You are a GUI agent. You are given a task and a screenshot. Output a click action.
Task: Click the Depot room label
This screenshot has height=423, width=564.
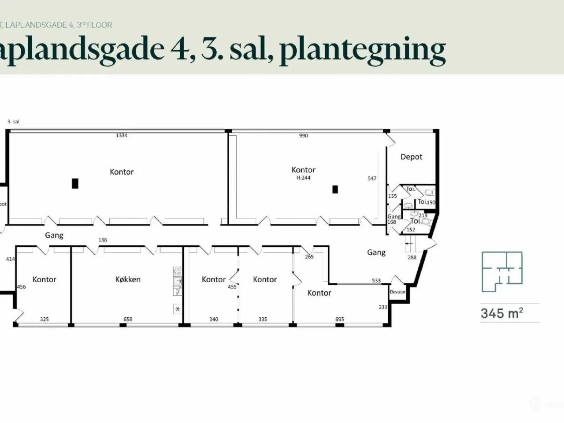click(411, 157)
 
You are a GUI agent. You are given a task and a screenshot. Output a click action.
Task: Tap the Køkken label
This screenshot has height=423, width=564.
click(128, 279)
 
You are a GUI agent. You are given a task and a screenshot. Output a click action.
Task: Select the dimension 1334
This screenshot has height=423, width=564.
click(122, 136)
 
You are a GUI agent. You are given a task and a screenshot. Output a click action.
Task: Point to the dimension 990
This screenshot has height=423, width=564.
click(304, 136)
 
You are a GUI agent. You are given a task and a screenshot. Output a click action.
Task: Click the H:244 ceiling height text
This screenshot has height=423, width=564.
click(304, 178)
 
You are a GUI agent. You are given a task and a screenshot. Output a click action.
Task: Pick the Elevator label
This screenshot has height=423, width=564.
click(397, 292)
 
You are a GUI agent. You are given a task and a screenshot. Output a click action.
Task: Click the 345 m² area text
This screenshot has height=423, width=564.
click(502, 313)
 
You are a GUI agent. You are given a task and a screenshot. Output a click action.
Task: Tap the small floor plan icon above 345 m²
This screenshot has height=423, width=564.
click(502, 271)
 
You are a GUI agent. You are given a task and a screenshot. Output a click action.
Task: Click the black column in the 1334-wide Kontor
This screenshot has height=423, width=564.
click(75, 183)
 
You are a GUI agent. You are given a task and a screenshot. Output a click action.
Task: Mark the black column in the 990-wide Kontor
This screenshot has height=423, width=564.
click(335, 189)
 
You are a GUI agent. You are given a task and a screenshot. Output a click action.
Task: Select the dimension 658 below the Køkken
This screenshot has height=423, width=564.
click(128, 319)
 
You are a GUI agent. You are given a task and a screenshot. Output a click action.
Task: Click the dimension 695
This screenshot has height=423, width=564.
click(339, 319)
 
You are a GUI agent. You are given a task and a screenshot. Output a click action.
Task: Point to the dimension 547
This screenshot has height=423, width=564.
click(372, 178)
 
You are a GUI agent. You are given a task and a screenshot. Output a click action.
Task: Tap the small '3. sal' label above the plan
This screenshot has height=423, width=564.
click(13, 122)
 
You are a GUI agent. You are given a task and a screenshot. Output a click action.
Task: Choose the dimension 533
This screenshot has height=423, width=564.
click(376, 281)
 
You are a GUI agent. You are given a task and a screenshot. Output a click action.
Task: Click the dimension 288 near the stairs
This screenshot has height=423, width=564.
click(412, 257)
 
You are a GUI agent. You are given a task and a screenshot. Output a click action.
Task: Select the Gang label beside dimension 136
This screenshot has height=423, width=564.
click(54, 236)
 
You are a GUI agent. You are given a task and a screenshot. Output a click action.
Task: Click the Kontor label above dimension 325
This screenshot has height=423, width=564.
click(45, 279)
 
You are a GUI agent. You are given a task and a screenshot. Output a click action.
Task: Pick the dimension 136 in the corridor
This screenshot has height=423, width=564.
click(103, 240)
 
